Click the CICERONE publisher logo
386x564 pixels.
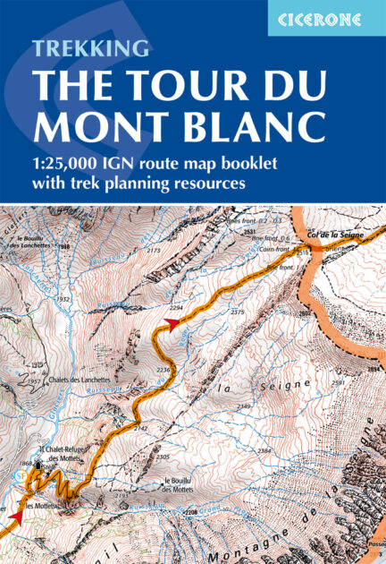[x=326, y=18]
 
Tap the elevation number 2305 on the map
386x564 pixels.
[x=162, y=457]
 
